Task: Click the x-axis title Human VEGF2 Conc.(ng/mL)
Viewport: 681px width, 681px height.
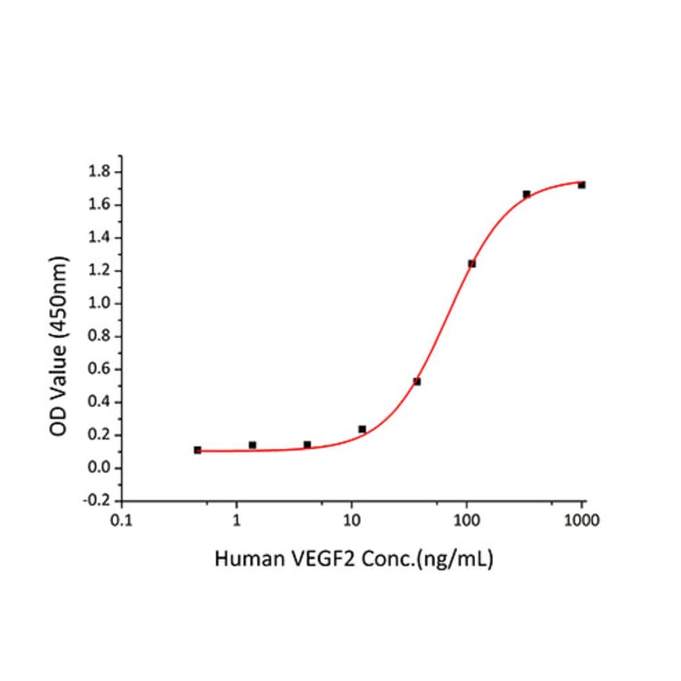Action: click(x=354, y=560)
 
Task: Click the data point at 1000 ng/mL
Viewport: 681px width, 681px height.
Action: click(x=581, y=185)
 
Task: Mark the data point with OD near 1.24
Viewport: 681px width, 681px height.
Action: click(x=472, y=264)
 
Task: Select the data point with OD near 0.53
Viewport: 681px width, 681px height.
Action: click(x=416, y=382)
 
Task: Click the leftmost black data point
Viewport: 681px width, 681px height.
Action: click(x=197, y=450)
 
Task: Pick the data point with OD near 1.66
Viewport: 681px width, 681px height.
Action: click(x=527, y=194)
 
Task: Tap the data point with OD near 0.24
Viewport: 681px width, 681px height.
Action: click(x=362, y=429)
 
